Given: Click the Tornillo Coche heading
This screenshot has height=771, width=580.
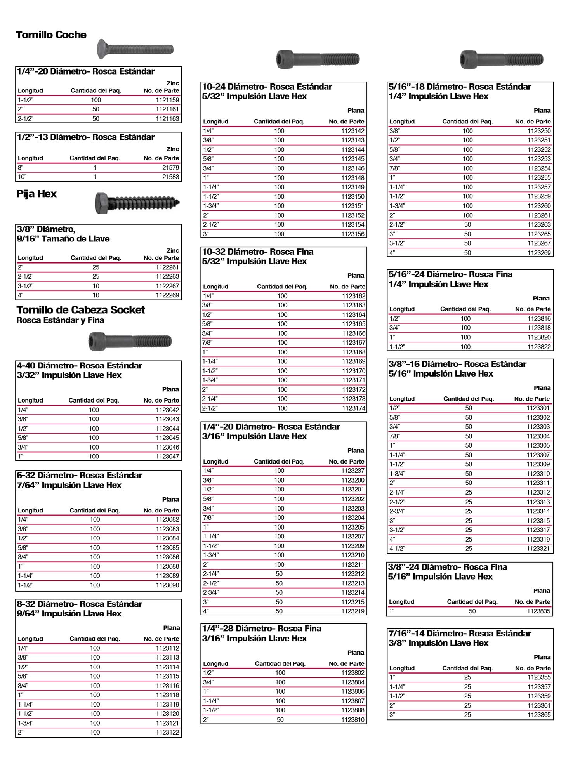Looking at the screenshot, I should (51, 35).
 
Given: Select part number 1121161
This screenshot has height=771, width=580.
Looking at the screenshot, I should (167, 109).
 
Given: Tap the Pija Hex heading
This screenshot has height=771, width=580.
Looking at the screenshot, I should (36, 194).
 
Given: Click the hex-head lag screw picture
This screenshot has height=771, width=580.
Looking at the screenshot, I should (137, 202).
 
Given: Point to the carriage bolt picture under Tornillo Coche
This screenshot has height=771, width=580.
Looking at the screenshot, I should (135, 49).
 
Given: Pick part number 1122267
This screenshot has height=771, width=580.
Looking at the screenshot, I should (167, 286).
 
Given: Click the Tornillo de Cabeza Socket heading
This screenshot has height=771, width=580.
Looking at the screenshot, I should (81, 310).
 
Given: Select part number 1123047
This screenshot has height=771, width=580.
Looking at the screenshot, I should (167, 457).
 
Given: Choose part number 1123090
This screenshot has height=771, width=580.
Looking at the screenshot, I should (167, 585).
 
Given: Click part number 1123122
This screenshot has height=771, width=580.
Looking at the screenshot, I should (167, 732).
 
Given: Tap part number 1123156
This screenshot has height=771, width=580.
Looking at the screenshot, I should (353, 234).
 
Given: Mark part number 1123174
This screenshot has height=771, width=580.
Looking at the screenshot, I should (354, 408).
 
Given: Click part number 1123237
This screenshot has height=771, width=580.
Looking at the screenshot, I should (353, 471).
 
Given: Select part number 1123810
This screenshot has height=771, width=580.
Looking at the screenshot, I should (353, 720).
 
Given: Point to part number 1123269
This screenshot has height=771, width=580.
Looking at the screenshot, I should (539, 253).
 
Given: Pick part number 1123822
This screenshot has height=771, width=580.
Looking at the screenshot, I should (539, 347).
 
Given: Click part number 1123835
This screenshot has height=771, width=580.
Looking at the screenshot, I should (538, 611).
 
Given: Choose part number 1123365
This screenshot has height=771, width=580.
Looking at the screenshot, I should (539, 715).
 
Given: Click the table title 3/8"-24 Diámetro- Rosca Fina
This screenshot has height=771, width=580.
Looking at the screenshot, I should (447, 567).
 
